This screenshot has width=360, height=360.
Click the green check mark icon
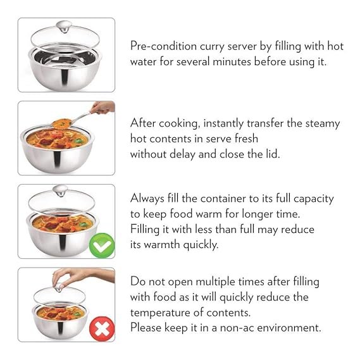(102, 245)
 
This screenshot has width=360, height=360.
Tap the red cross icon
(102, 329)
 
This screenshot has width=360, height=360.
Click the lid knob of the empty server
(64, 27)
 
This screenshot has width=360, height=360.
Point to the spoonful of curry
(62, 123)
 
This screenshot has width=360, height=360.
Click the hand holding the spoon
(103, 108)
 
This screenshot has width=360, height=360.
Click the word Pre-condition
(163, 46)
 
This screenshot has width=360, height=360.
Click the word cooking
(178, 123)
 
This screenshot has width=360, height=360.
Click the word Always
(147, 199)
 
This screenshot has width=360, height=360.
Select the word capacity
(314, 199)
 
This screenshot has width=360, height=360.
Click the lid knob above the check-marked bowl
(60, 190)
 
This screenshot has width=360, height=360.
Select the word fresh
(246, 139)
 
